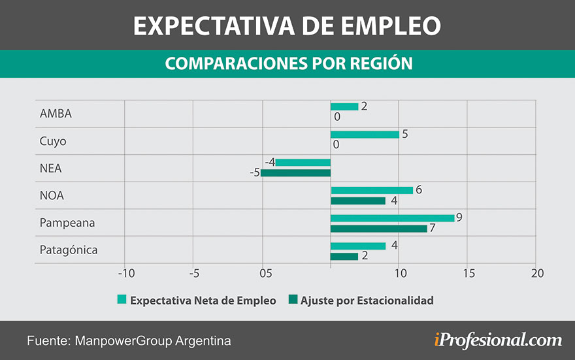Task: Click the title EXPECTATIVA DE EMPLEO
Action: [287, 25]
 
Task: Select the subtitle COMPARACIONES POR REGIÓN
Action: [288, 63]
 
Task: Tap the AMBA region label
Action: [56, 114]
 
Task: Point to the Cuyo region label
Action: [53, 141]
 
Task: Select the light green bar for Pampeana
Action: [392, 218]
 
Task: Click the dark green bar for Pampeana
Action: [378, 229]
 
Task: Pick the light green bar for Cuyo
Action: [365, 135]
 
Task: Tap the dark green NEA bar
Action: [296, 173]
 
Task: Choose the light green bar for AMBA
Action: [344, 106]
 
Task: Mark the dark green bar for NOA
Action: [358, 201]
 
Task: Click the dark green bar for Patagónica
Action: [344, 256]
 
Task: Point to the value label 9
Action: [459, 218]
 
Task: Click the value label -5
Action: [254, 173]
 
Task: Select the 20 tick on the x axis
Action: [536, 272]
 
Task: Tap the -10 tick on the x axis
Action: [125, 272]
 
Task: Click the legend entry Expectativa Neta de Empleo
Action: [196, 301]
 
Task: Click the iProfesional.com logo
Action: [497, 340]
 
